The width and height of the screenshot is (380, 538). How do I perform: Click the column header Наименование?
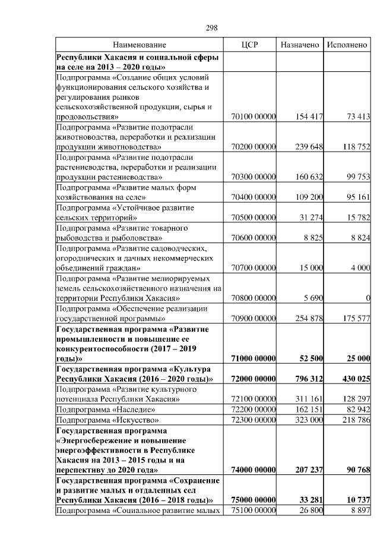coord(140,45)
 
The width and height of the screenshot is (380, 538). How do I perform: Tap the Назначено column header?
coord(300,45)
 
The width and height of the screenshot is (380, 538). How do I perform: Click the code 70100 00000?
coord(254,117)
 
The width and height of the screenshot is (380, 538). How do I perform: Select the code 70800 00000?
coord(254,298)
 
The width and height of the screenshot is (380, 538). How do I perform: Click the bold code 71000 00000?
coord(253,358)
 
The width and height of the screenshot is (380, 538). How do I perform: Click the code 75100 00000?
coord(254,510)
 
